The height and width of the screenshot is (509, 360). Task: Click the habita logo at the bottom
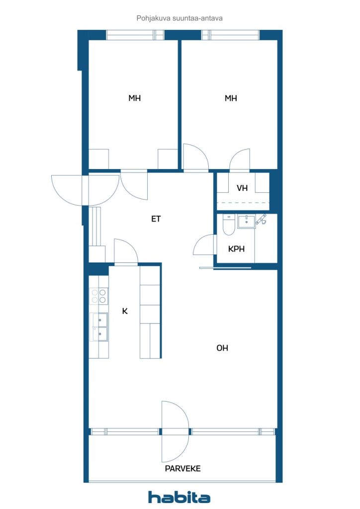pyautogui.click(x=179, y=497)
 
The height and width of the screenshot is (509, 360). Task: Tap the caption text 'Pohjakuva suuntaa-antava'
pyautogui.click(x=179, y=18)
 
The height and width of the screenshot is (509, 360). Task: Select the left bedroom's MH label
pyautogui.click(x=134, y=98)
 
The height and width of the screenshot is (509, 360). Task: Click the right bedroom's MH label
pyautogui.click(x=230, y=98)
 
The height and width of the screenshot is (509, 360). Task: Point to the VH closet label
pyautogui.click(x=242, y=188)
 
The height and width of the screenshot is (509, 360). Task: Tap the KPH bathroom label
pyautogui.click(x=236, y=249)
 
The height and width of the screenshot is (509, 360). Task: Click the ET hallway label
pyautogui.click(x=156, y=219)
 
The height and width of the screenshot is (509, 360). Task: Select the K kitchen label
pyautogui.click(x=125, y=311)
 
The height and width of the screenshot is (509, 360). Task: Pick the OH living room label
pyautogui.click(x=222, y=348)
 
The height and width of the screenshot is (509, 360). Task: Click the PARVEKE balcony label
pyautogui.click(x=182, y=468)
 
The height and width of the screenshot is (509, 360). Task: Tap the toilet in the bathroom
pyautogui.click(x=229, y=225)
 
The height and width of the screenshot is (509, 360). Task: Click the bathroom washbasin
pyautogui.click(x=246, y=221)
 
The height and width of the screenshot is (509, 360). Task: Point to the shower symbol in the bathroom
pyautogui.click(x=261, y=220)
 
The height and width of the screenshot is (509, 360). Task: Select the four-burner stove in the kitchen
pyautogui.click(x=99, y=296)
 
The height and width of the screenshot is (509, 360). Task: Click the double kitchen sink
pyautogui.click(x=99, y=327)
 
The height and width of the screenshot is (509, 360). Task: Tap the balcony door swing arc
pyautogui.click(x=175, y=431)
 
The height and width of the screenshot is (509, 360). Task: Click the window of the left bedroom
pyautogui.click(x=135, y=35)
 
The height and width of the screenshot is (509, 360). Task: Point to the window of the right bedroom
pyautogui.click(x=230, y=35)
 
